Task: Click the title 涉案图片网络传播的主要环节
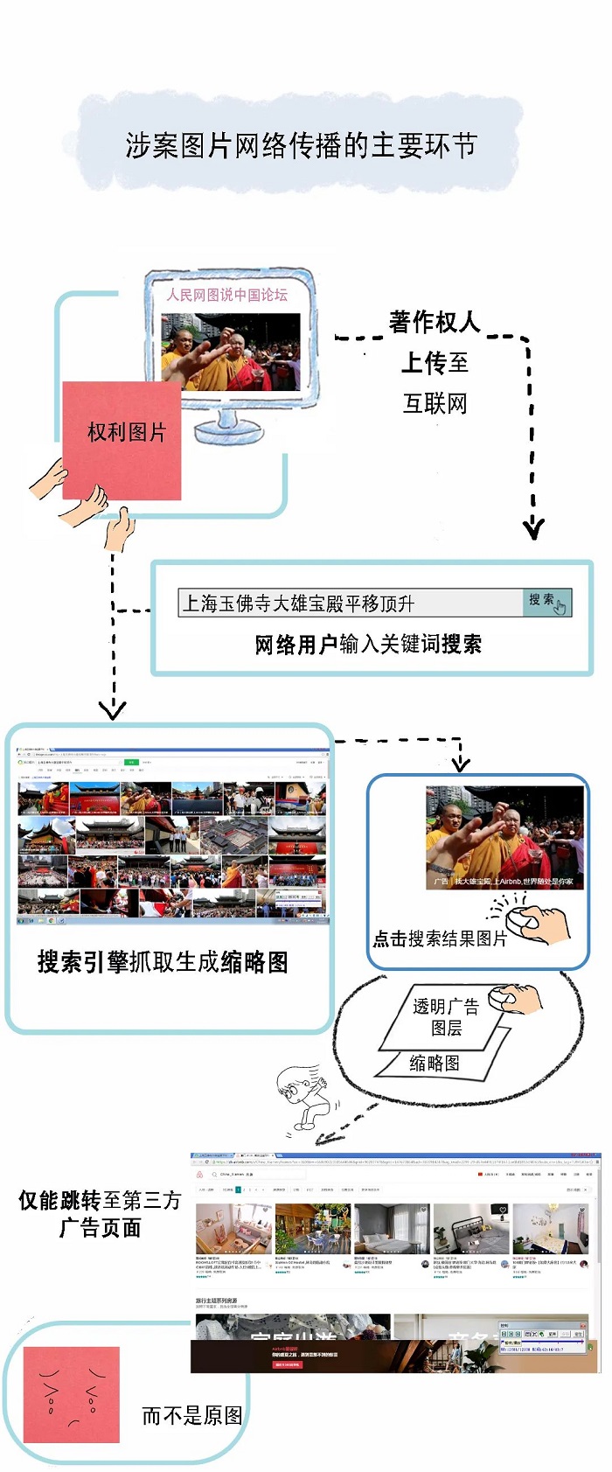(301, 145)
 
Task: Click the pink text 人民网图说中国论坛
(227, 295)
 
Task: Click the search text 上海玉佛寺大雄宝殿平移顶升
(298, 603)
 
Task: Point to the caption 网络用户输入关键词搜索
(368, 645)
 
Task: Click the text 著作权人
(435, 322)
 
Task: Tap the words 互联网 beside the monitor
(435, 403)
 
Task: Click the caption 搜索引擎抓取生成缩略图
(163, 962)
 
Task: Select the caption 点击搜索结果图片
(440, 938)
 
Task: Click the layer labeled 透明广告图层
(446, 1017)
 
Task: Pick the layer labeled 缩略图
(435, 1064)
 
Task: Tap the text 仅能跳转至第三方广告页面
(100, 1214)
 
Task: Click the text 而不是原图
(191, 1415)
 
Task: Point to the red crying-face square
(71, 1394)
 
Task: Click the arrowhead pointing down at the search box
(532, 528)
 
